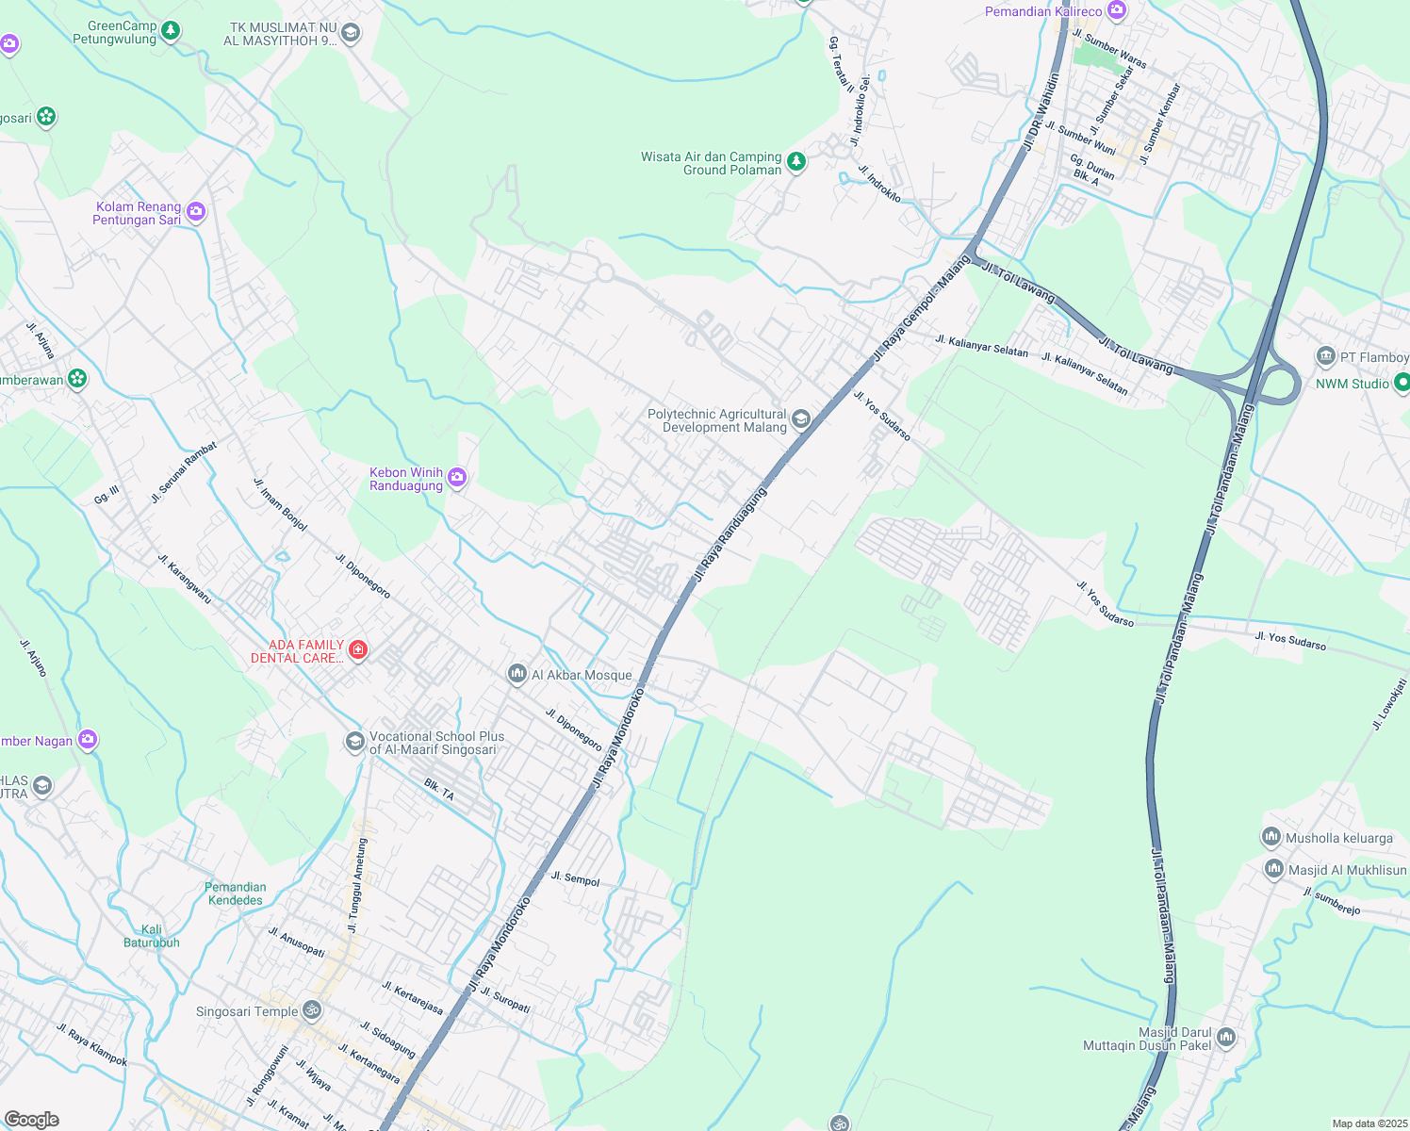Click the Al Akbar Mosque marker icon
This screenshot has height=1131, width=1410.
coord(516,673)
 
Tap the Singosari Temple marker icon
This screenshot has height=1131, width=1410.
coord(312,1010)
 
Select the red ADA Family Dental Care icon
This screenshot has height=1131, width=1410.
coord(357,649)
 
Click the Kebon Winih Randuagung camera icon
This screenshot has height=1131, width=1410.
coord(457,478)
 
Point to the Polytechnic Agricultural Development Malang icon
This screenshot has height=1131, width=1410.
coord(800,419)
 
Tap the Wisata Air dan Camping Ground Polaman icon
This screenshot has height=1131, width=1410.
coord(796,162)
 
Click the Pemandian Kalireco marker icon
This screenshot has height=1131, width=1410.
coord(1117,10)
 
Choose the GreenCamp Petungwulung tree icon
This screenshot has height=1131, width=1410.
coord(171,31)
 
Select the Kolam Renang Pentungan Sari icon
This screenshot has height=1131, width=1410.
coord(196,211)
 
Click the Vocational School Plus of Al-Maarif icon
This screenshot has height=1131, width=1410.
coord(354,742)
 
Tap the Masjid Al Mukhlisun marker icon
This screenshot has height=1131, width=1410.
coord(1273,868)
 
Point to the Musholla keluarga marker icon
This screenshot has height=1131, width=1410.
coord(1271,836)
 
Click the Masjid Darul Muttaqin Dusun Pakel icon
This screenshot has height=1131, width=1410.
coord(1226,1038)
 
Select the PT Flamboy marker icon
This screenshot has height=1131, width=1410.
coord(1326,356)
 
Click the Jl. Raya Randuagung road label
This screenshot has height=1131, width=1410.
coord(730,533)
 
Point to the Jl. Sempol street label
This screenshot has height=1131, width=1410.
coord(575,878)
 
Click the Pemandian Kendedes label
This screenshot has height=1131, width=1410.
coord(236,893)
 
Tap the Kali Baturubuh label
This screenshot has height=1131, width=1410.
coord(152,936)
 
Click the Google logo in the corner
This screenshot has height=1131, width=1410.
coord(32,1119)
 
